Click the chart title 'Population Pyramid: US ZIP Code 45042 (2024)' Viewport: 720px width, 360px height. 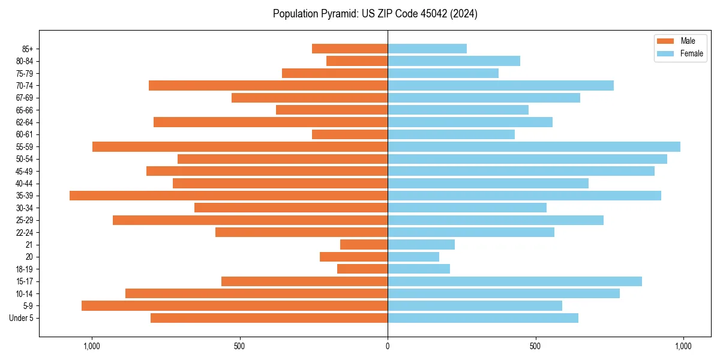(x=375, y=14)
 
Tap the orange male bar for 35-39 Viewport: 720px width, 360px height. (x=229, y=196)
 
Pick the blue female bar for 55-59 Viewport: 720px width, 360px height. (x=534, y=146)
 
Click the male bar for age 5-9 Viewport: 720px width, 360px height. (x=235, y=305)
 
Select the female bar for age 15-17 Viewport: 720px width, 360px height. (x=515, y=281)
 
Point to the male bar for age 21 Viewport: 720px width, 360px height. (x=364, y=245)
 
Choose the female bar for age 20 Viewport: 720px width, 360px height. (x=413, y=257)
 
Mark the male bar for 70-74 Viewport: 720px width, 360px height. (x=268, y=85)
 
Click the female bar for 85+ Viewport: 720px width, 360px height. (x=427, y=49)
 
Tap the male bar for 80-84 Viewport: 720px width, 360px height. (x=357, y=61)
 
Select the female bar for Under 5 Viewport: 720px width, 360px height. (x=483, y=318)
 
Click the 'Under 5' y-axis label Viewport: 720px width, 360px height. (x=21, y=318)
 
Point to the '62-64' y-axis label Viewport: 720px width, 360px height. (x=25, y=122)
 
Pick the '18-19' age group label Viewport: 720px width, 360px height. (x=25, y=269)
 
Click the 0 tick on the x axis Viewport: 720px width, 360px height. (x=388, y=346)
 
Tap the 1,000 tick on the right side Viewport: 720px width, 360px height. (x=683, y=346)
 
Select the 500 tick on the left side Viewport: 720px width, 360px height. (x=239, y=346)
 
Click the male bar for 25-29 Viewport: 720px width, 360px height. (x=250, y=220)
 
